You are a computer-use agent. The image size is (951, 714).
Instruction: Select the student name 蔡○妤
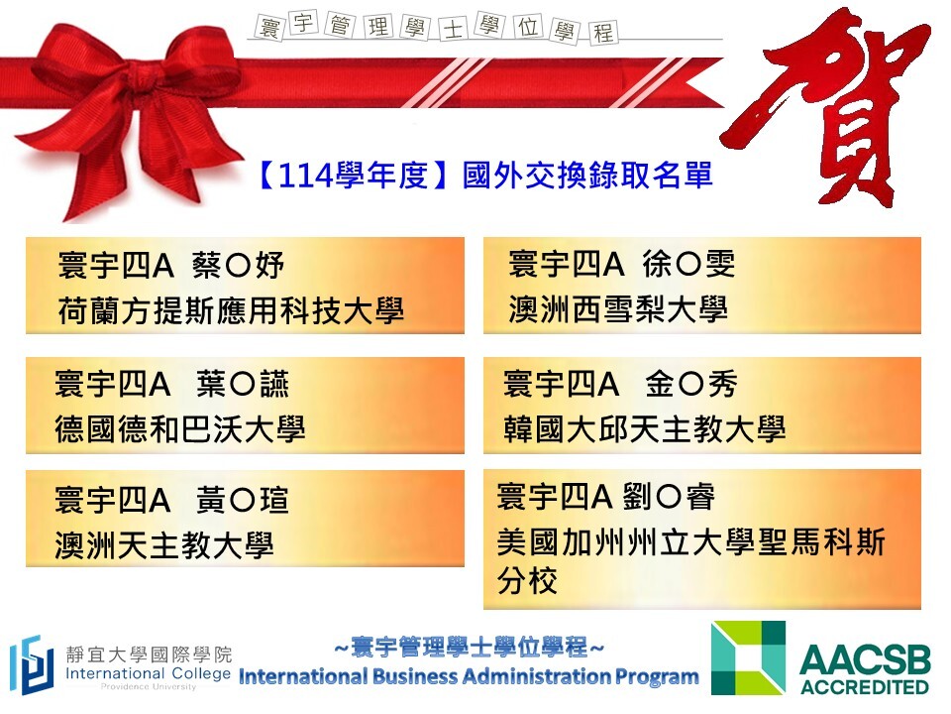coord(238,266)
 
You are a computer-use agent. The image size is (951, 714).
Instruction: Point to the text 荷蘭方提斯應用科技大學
coord(231,310)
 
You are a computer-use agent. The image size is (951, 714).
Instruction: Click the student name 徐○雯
coord(688,264)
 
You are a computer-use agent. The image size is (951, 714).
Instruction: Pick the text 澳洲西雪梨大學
coord(618,309)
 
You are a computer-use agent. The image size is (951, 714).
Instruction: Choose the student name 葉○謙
coord(243,384)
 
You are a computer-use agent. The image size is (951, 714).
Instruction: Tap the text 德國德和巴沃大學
coord(179,429)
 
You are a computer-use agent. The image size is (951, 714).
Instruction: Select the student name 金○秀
coord(691,384)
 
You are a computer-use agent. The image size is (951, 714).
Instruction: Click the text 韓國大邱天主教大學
coord(644,429)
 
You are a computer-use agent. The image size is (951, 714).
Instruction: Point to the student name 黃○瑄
coord(243,500)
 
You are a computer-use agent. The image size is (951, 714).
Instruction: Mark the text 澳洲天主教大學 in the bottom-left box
coord(163,545)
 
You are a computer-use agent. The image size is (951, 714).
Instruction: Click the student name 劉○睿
coord(669,497)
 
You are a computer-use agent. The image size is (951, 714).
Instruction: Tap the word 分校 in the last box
coord(527,580)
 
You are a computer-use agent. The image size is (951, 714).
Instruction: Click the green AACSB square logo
coord(748,657)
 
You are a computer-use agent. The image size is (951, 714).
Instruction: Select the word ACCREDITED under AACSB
coord(864,687)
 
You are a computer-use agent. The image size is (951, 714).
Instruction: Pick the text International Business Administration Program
coord(469,676)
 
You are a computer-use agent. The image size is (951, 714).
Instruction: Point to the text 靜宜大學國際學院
coord(150,654)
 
